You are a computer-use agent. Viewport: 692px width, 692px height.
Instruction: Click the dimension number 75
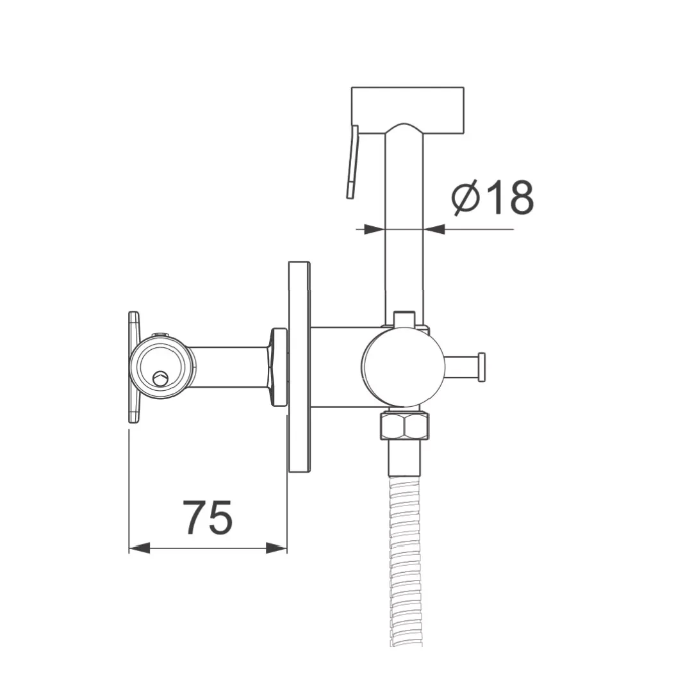(x=208, y=517)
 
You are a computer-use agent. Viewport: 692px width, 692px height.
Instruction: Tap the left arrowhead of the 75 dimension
(x=139, y=548)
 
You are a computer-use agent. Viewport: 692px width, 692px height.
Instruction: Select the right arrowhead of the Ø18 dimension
(x=434, y=229)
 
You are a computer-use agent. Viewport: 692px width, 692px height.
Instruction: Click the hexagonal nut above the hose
(x=404, y=425)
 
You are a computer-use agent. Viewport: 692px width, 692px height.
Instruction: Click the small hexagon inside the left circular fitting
(x=159, y=378)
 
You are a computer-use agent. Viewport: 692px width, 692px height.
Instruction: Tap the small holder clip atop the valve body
(x=404, y=318)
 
